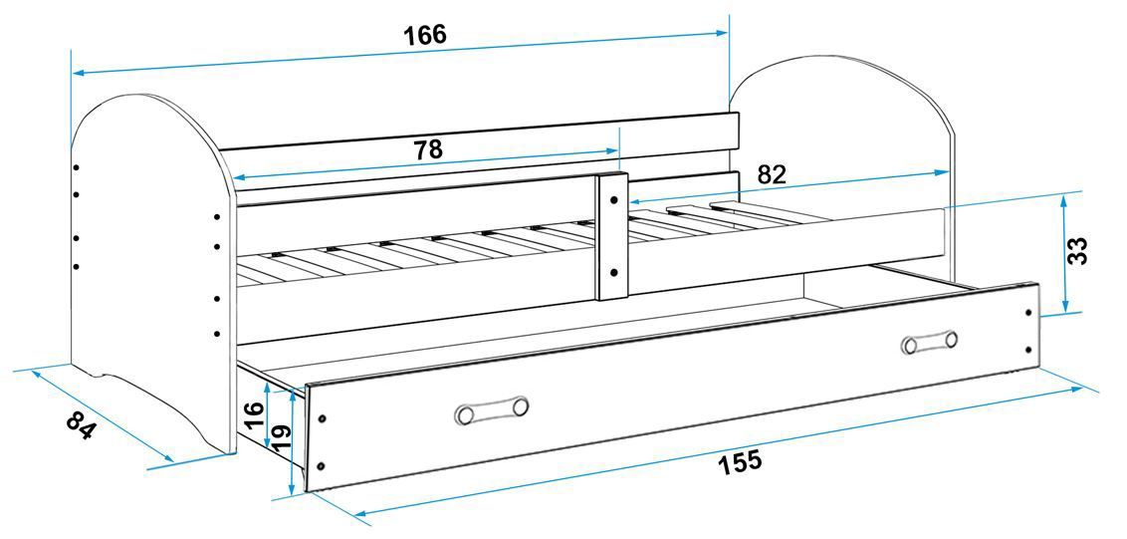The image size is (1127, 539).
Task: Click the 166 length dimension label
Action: [425, 35]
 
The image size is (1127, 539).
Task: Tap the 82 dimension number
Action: [772, 174]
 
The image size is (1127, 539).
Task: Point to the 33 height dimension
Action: [1077, 250]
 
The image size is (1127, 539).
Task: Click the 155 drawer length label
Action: [739, 461]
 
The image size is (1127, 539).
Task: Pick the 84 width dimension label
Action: [82, 425]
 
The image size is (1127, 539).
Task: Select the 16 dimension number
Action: [254, 409]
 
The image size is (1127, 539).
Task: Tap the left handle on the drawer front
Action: [491, 409]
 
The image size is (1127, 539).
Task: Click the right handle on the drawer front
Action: [929, 342]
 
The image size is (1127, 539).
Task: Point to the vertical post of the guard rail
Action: [612, 237]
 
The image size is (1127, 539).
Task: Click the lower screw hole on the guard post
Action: [613, 271]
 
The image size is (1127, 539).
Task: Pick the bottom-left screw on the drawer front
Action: [321, 464]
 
